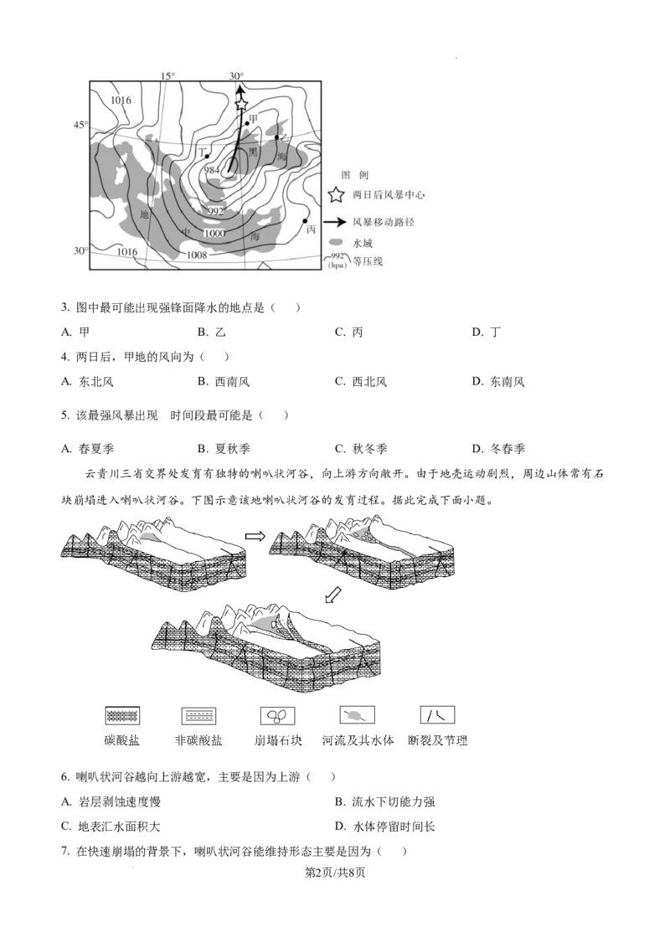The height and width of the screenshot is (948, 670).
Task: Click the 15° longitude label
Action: [x=167, y=76]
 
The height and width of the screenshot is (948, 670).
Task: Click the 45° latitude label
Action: [x=80, y=125]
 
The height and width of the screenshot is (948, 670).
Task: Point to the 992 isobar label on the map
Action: [x=215, y=211]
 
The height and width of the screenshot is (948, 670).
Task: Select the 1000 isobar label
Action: [x=214, y=233]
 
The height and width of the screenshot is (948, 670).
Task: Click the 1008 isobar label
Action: [x=197, y=255]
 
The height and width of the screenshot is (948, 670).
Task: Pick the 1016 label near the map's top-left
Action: [x=121, y=100]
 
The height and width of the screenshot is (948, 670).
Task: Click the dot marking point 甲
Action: [x=247, y=124]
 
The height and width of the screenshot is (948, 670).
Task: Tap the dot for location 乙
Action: [x=277, y=137]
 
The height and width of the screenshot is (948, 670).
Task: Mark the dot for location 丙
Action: [x=305, y=220]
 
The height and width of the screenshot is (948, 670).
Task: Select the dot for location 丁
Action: [x=207, y=156]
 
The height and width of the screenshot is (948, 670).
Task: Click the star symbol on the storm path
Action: [x=241, y=104]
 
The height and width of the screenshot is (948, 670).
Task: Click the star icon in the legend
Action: [x=336, y=195]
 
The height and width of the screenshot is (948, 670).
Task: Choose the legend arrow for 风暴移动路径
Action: [x=336, y=223]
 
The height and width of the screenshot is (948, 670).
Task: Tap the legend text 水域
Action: [x=363, y=244]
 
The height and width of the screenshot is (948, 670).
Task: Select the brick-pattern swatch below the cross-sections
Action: [x=122, y=717]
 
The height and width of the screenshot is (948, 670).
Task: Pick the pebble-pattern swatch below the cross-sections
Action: [x=277, y=717]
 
